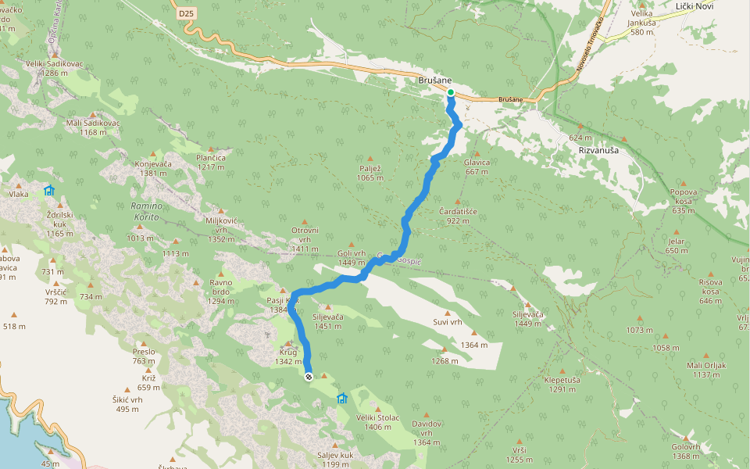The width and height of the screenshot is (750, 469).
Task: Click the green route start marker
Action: (451, 92)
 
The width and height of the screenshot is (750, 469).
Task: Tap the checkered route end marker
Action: (309, 377)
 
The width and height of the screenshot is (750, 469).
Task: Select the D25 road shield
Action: (184, 13)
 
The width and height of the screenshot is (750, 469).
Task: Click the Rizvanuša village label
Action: (598, 149)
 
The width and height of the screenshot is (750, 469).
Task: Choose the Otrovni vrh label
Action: (305, 234)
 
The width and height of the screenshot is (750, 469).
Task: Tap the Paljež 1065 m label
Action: (370, 173)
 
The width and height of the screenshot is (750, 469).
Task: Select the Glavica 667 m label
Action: (476, 166)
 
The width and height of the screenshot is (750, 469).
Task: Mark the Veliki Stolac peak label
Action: (377, 421)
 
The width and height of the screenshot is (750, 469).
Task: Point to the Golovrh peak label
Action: (685, 451)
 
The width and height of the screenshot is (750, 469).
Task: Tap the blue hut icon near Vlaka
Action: (49, 190)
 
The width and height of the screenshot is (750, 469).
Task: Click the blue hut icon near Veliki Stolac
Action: (341, 399)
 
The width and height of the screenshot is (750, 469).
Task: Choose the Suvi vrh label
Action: (448, 321)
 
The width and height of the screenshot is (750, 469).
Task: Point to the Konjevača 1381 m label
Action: (153, 168)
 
